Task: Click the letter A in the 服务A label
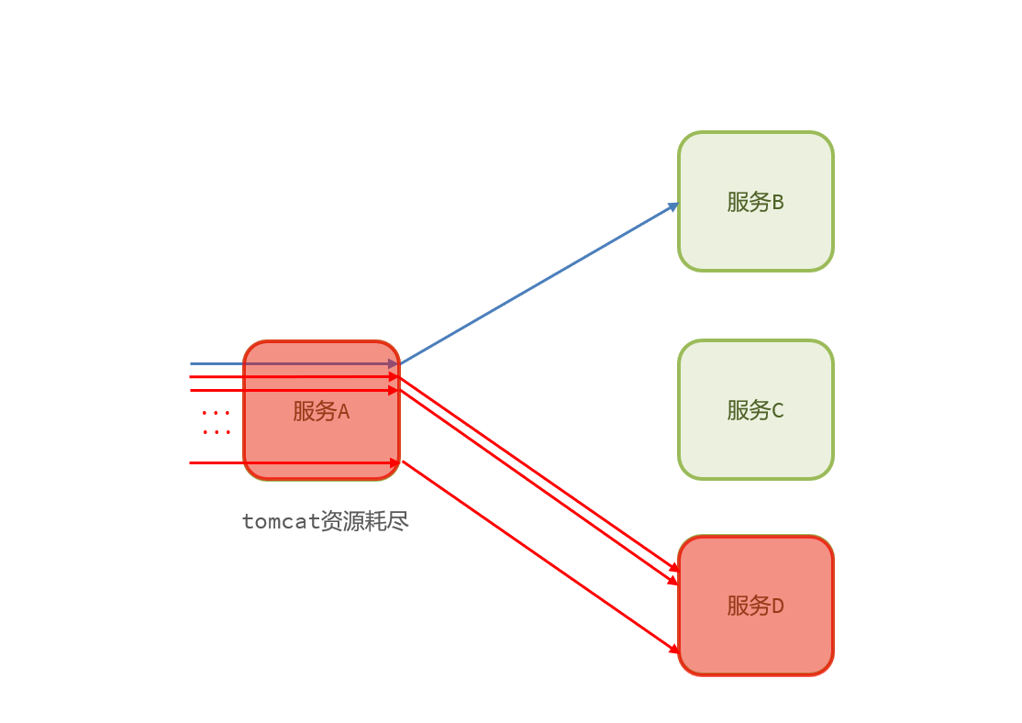(x=344, y=412)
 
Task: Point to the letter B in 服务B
(x=778, y=202)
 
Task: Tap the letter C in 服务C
(x=778, y=410)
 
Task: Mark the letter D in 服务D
(x=778, y=606)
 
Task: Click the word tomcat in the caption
(x=282, y=522)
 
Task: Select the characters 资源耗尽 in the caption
(x=365, y=522)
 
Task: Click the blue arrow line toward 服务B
(x=541, y=283)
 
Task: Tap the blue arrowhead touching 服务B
(x=673, y=206)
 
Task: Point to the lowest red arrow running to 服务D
(x=541, y=557)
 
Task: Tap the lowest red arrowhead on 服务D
(x=673, y=649)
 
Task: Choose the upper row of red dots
(x=216, y=413)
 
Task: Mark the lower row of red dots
(x=216, y=432)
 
